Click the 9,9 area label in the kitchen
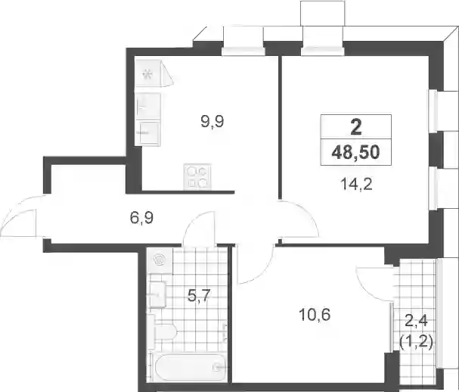click(x=212, y=121)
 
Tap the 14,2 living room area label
click(x=356, y=185)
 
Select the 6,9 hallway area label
click(x=141, y=218)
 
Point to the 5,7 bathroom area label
click(x=199, y=295)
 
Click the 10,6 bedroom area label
click(x=315, y=315)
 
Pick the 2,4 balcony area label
click(x=416, y=322)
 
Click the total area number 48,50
click(x=355, y=152)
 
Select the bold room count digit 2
click(x=356, y=127)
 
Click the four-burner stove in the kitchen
click(x=197, y=176)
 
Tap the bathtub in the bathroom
click(x=190, y=367)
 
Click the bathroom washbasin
click(x=158, y=294)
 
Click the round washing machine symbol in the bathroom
click(x=160, y=260)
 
